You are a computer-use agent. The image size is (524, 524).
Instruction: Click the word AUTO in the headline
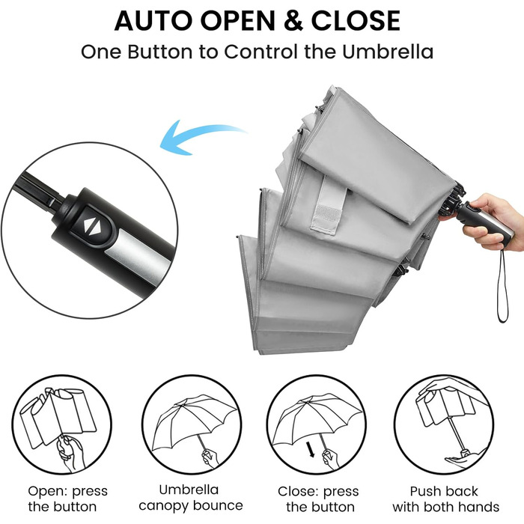tap(153, 21)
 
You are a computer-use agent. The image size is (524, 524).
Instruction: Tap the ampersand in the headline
tap(293, 21)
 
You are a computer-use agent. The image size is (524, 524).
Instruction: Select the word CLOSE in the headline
tap(356, 21)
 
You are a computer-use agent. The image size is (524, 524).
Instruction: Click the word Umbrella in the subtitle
tap(388, 52)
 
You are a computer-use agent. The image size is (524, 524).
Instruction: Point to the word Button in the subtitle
tap(160, 52)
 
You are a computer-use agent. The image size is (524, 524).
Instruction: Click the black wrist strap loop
tap(502, 287)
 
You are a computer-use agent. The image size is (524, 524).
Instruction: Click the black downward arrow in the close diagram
tap(311, 449)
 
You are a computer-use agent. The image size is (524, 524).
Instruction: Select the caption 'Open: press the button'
tap(68, 499)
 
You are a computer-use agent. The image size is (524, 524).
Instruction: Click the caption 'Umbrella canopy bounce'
tap(191, 498)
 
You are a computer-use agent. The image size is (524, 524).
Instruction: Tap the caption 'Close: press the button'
tap(318, 499)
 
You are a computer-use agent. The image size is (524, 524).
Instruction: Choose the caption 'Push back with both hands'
tap(446, 499)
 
